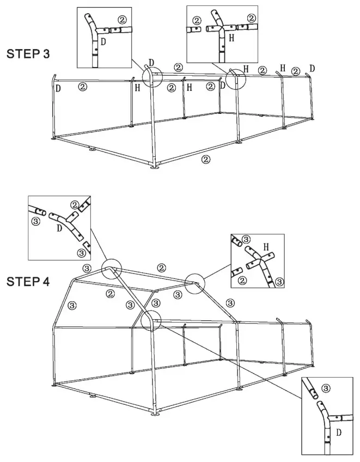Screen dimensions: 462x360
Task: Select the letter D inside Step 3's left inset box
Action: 103,41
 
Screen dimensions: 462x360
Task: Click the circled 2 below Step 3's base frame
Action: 205,159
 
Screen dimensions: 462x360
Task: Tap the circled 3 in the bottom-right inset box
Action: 326,388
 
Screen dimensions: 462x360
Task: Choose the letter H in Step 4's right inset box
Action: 266,247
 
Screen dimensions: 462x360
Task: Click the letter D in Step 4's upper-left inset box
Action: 59,228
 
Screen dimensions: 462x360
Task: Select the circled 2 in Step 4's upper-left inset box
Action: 74,205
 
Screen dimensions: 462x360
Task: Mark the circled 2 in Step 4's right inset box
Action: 242,280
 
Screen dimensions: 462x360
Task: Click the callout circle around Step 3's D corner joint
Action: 152,76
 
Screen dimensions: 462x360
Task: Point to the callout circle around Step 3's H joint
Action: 235,79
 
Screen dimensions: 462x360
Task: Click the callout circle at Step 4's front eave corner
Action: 151,321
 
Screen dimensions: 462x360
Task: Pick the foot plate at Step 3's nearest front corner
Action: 156,166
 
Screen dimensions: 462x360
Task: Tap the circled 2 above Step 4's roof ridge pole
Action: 161,268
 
